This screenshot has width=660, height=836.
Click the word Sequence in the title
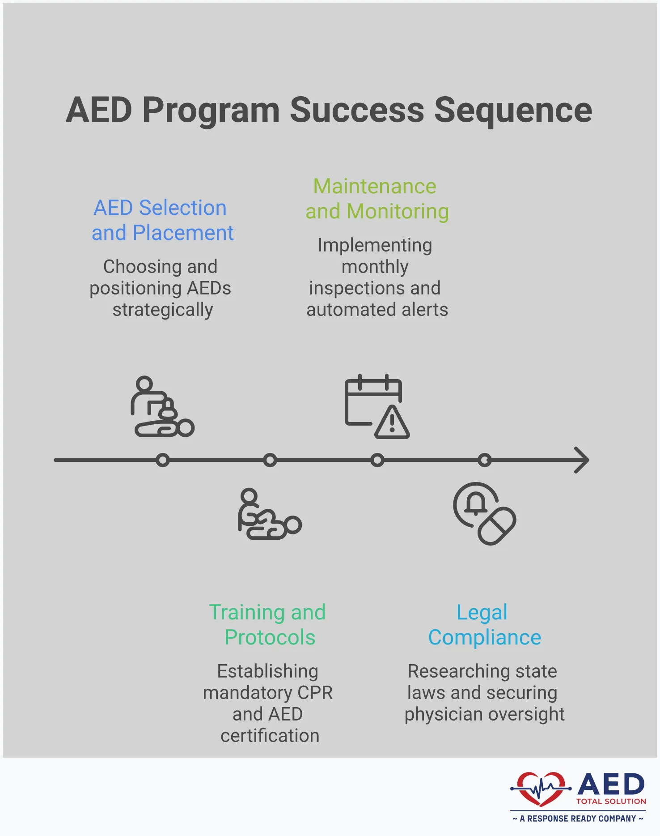pyautogui.click(x=513, y=111)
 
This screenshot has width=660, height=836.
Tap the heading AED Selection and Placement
pyautogui.click(x=162, y=220)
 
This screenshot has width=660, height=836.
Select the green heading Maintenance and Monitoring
pyautogui.click(x=377, y=199)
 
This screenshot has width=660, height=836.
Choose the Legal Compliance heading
pyautogui.click(x=484, y=625)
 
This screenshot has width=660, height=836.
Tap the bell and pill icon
pyautogui.click(x=484, y=513)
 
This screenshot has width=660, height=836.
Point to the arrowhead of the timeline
pyautogui.click(x=582, y=460)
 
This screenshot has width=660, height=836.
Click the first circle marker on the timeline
pyautogui.click(x=163, y=460)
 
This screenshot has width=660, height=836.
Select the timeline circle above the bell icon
pyautogui.click(x=484, y=460)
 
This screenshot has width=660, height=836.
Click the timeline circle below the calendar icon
pyautogui.click(x=377, y=460)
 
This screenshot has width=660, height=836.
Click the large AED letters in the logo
pyautogui.click(x=611, y=784)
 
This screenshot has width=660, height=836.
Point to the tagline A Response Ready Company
pyautogui.click(x=578, y=819)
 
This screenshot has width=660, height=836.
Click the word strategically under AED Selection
pyautogui.click(x=162, y=310)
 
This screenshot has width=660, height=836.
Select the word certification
pyautogui.click(x=270, y=736)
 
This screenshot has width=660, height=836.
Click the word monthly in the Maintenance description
pyautogui.click(x=375, y=267)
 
